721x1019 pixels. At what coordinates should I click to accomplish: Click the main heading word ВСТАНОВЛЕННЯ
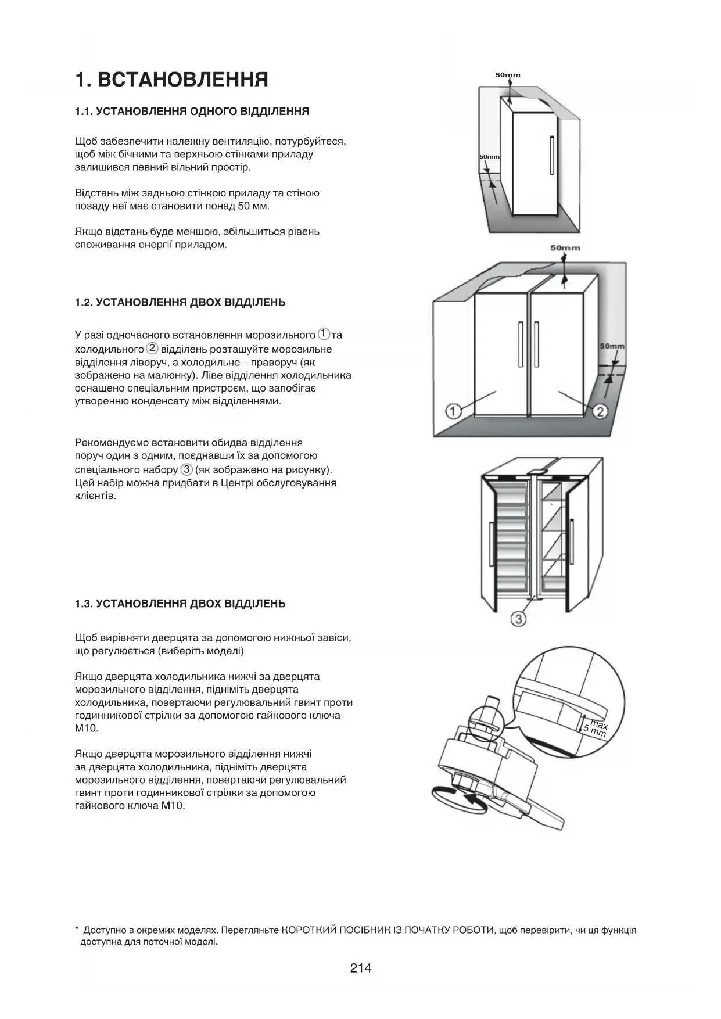pos(182,80)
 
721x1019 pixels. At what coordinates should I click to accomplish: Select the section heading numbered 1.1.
pos(192,112)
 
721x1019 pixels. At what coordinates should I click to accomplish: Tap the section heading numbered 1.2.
pos(180,303)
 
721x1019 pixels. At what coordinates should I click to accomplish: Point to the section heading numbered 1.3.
pos(180,604)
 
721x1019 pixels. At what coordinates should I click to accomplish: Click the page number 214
pos(361,968)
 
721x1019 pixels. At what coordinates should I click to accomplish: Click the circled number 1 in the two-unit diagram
pos(453,412)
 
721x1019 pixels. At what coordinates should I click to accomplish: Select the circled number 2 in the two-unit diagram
pos(600,412)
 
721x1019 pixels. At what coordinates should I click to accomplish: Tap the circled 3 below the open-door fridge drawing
pos(518,619)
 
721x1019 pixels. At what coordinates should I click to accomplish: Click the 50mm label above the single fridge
pos(508,75)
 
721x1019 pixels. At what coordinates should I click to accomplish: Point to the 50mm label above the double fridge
pos(565,248)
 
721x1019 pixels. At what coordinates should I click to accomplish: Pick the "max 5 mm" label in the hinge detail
pos(596,729)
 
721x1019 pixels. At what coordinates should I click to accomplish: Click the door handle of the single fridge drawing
pos(551,155)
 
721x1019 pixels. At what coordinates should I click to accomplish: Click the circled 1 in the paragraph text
pos(324,335)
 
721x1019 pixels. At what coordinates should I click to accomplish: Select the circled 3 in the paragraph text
pos(186,469)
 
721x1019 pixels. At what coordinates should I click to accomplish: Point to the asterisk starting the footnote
pos(77,930)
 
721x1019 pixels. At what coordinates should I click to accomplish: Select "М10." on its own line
pos(87,729)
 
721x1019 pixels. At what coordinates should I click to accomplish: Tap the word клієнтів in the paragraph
pos(95,496)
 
